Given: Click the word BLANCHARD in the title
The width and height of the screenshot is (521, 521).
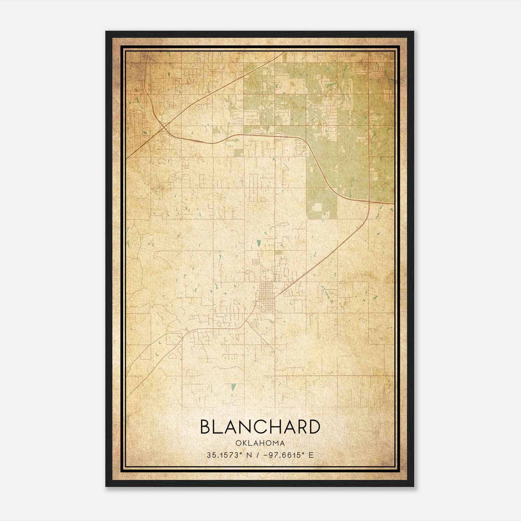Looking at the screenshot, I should tap(260, 427).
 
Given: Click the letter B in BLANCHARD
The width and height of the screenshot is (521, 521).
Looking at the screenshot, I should tap(206, 427).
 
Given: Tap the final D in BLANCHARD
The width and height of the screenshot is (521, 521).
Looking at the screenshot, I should tap(313, 427).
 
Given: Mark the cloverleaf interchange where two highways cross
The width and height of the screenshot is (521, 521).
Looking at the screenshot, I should tap(164, 125).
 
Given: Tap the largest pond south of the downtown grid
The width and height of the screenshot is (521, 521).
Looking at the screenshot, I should tap(233, 388).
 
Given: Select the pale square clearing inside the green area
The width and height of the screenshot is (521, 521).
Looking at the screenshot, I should tap(317, 207).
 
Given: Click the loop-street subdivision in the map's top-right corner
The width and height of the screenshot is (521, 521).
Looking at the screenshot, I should tap(378, 70).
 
